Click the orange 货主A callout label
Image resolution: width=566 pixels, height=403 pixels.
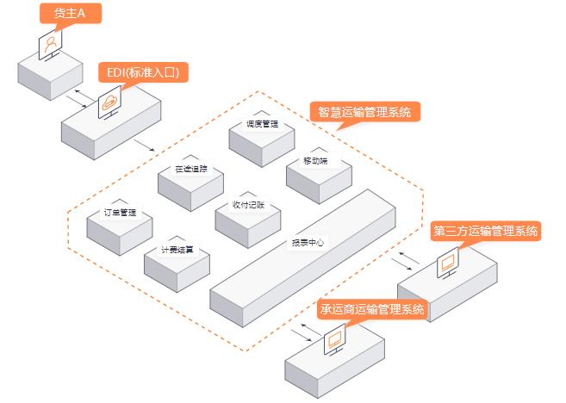(69, 13)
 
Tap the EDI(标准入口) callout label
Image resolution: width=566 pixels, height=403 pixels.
(144, 72)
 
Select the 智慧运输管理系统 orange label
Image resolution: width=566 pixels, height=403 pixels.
(364, 112)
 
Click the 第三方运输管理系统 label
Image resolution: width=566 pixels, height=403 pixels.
(486, 231)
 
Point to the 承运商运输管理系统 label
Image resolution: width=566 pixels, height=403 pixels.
(373, 309)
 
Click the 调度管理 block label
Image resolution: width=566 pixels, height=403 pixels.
(262, 123)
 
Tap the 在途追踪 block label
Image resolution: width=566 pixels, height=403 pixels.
(190, 169)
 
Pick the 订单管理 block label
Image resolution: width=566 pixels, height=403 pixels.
(120, 212)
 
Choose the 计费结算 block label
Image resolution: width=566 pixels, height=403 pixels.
(177, 250)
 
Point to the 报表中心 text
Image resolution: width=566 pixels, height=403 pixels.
(307, 243)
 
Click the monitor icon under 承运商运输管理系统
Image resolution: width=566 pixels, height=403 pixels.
(334, 339)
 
